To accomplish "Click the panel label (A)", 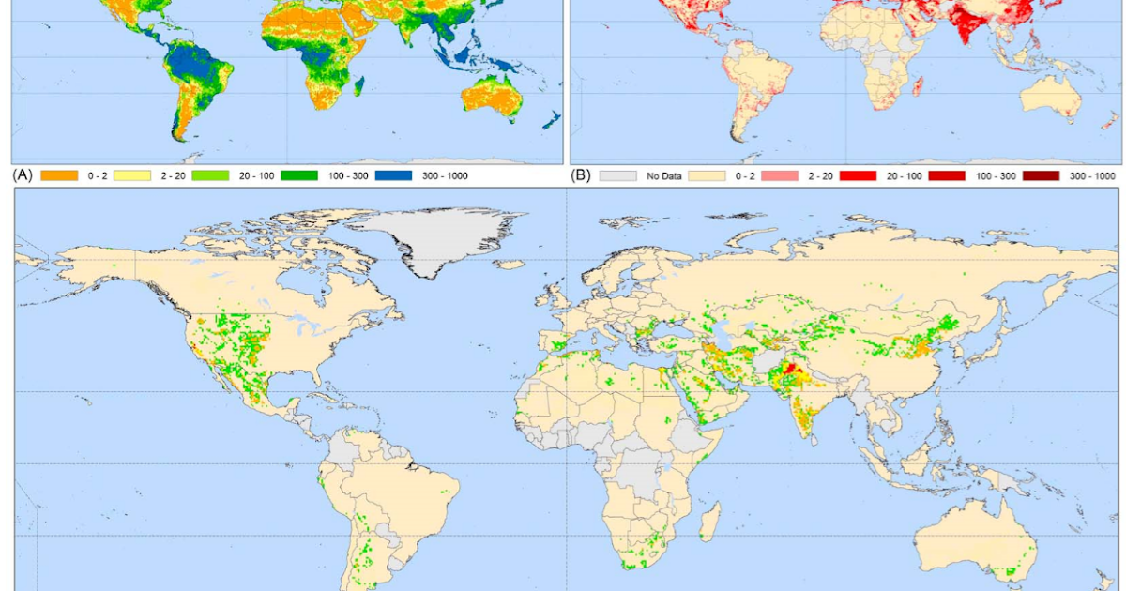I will tap(22, 175).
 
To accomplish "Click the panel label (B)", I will tap(583, 175).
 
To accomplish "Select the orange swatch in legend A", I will tap(59, 175).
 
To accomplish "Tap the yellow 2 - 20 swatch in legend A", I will tap(132, 175).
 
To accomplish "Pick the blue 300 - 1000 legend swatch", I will tap(393, 175).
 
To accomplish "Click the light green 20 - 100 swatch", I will tap(211, 175).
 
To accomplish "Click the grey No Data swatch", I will tap(617, 175).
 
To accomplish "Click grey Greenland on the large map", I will tap(441, 235).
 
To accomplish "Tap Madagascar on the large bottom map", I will tap(710, 521).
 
